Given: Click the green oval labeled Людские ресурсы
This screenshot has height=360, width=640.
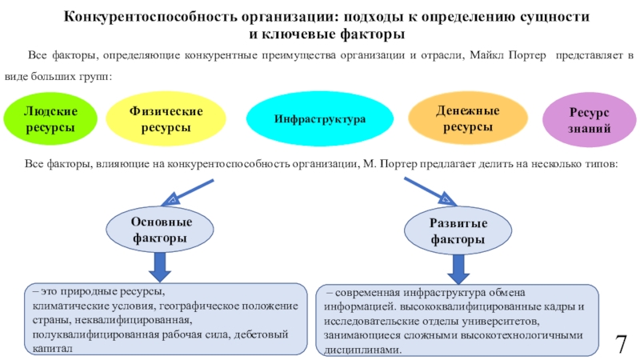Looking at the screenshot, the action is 50,118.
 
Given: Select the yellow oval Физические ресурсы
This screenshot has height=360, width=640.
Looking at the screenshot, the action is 166,118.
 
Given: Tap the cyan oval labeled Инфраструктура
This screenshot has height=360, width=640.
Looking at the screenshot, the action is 319,118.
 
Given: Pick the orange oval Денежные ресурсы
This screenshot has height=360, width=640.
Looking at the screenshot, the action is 468,118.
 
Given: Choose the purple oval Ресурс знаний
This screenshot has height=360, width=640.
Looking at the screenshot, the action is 589,119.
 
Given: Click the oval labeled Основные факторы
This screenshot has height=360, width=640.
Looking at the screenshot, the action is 159,230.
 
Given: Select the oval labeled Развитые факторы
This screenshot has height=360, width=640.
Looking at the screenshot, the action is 458,230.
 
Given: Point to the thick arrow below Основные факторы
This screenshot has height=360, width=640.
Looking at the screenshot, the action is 159,267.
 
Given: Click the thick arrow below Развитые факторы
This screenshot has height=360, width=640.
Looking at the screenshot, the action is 458,270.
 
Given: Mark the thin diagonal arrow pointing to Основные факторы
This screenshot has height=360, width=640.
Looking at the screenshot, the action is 187,192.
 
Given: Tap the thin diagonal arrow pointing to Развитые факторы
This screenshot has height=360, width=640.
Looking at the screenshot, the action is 430,191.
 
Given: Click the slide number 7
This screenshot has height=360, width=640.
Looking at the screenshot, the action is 621,344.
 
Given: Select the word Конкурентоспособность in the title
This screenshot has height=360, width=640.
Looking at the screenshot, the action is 150,17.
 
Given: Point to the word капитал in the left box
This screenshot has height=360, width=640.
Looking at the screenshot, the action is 52,349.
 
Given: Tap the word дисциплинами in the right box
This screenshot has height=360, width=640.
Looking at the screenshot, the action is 362,350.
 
